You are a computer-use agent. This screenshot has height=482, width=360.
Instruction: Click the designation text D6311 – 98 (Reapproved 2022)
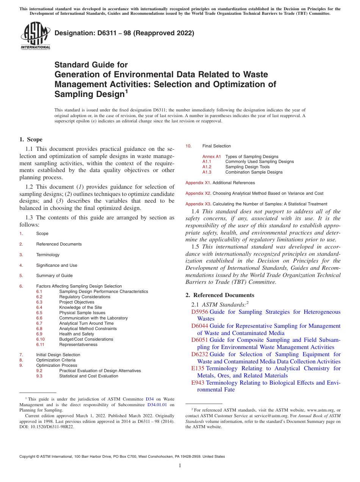pos(124,33)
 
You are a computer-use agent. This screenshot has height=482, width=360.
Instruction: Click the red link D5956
pos(200,312)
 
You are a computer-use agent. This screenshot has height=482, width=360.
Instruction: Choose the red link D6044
pos(200,326)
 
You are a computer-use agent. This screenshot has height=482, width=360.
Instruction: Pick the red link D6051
pos(200,340)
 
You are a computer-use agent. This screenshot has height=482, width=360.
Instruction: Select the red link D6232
pos(200,354)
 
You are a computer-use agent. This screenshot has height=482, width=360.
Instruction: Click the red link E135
pos(198,368)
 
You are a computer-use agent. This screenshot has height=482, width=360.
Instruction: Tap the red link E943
pos(198,383)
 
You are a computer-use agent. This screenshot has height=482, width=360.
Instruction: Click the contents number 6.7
pos(39,323)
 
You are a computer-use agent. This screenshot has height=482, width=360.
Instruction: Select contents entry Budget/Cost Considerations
pos(86,339)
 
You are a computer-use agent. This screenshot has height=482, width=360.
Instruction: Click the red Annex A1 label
pos(211,156)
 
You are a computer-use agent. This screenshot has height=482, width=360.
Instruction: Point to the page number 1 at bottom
pos(180,466)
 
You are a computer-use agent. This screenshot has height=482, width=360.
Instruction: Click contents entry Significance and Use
pos(56,265)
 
